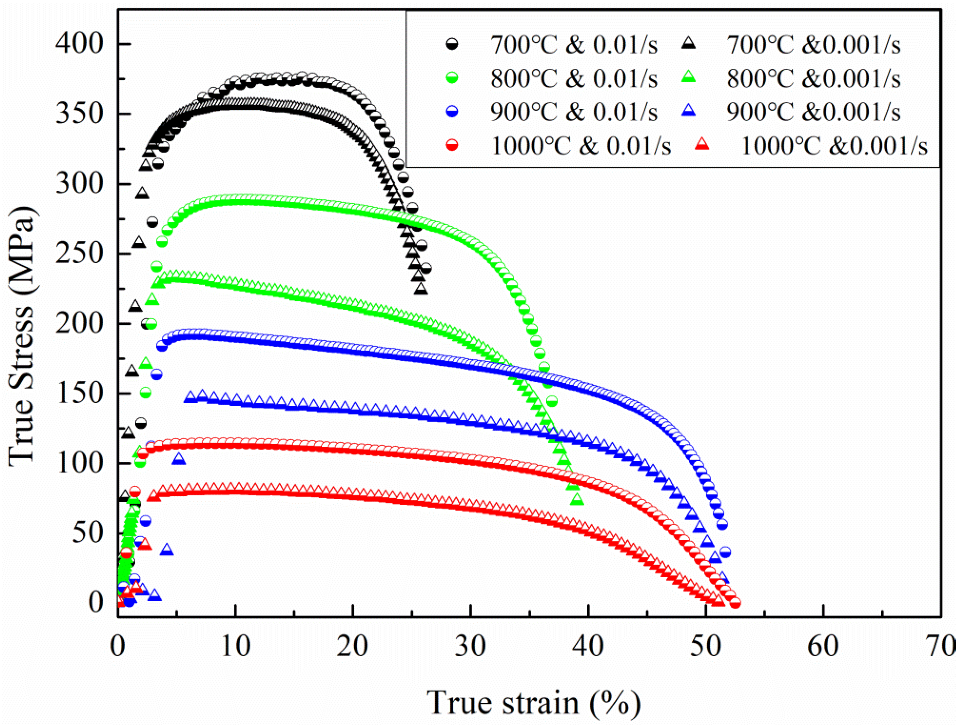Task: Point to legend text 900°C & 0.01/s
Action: click(574, 112)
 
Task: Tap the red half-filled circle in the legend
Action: click(453, 146)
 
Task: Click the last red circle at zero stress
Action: click(735, 603)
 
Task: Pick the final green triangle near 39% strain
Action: click(578, 500)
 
